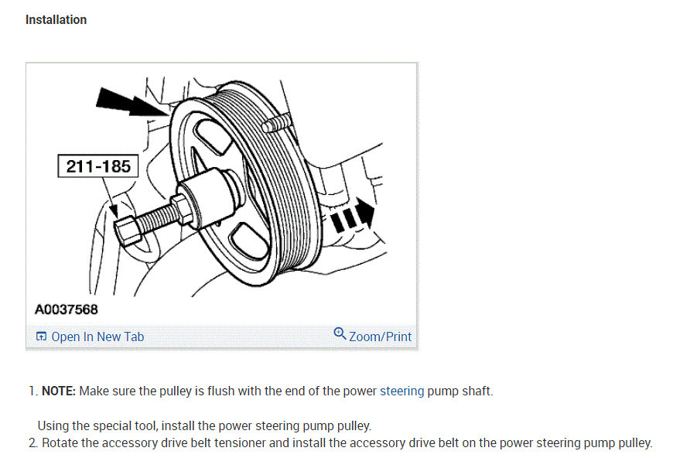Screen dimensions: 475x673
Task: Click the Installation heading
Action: [x=56, y=19]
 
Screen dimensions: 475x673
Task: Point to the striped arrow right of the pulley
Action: [x=352, y=217]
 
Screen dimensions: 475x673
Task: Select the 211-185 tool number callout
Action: [x=98, y=166]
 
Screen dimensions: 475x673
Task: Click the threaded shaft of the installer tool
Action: [x=155, y=217]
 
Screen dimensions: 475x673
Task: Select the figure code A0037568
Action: [x=67, y=310]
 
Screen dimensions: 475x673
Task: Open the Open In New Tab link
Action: [x=97, y=337]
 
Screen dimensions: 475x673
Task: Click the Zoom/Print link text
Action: [x=380, y=337]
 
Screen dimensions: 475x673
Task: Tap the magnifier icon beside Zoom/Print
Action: [x=340, y=333]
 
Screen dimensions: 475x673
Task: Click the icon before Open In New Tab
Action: [x=41, y=337]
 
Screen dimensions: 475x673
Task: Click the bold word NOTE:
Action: [x=58, y=391]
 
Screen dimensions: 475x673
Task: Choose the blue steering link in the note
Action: [x=401, y=391]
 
